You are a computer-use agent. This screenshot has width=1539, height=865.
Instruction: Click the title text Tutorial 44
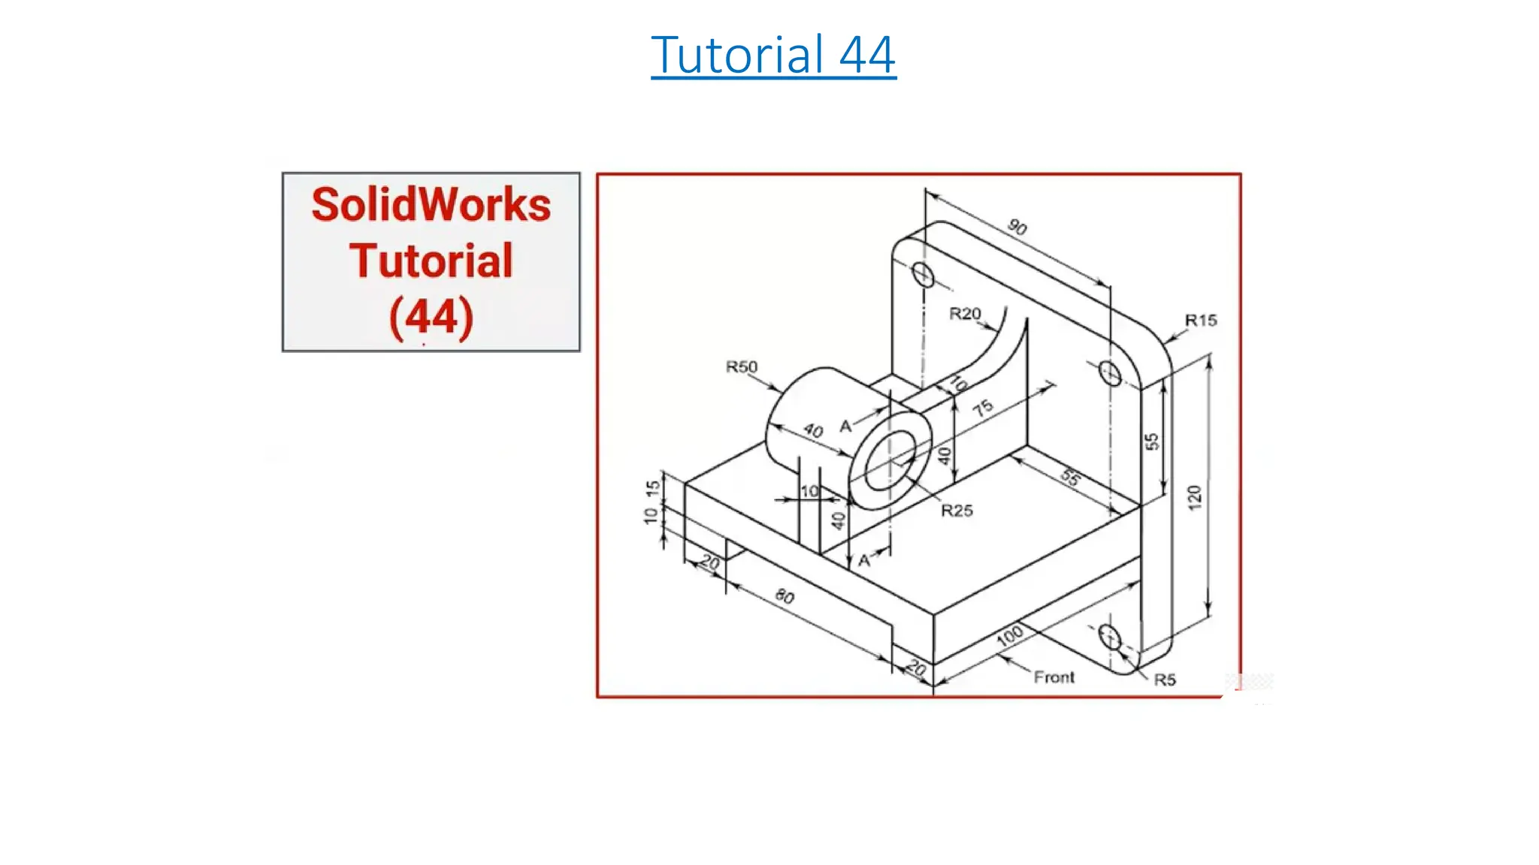(773, 55)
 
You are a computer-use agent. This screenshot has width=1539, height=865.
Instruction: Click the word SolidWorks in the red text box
(431, 205)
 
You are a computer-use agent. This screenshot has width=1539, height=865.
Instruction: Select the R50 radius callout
(741, 367)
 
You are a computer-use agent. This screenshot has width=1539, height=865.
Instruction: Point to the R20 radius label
(965, 314)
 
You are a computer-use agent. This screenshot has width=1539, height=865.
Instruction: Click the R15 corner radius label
(1200, 321)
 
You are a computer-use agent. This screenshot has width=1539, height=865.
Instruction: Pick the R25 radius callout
(957, 511)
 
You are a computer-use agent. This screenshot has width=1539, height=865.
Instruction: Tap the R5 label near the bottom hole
(1165, 680)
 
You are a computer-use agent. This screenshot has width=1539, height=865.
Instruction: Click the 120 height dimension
(1194, 498)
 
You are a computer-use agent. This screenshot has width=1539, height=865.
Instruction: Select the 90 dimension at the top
(1017, 227)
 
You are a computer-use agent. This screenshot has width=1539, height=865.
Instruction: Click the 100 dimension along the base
(1009, 636)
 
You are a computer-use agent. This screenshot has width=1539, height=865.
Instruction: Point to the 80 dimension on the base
(785, 597)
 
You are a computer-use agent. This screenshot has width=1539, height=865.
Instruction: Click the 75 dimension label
(983, 408)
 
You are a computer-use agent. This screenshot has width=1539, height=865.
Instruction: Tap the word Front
(1054, 678)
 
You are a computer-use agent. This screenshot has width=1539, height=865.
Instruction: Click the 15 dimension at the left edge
(653, 488)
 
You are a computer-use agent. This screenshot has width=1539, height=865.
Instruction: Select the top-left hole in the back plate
(924, 276)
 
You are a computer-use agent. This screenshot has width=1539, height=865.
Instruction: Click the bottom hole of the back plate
(1109, 637)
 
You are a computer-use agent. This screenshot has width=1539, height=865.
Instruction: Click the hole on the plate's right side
(1109, 372)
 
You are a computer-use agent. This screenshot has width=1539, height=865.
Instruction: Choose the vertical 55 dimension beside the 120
(1151, 442)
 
